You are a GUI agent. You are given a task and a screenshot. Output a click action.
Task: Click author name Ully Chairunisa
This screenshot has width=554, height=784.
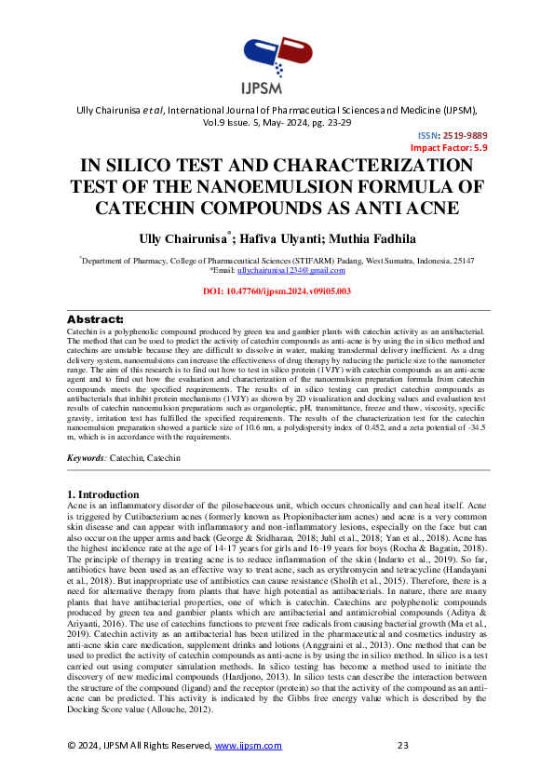click(180, 238)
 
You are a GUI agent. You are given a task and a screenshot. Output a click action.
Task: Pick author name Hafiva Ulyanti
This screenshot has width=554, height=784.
click(288, 238)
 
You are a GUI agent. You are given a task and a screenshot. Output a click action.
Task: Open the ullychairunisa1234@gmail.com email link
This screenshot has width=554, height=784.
click(291, 270)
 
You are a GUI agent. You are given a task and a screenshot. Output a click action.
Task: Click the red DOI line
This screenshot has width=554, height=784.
click(277, 291)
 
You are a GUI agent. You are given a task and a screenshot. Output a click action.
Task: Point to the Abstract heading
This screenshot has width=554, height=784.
click(95, 319)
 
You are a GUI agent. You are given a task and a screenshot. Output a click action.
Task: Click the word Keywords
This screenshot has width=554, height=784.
click(87, 459)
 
